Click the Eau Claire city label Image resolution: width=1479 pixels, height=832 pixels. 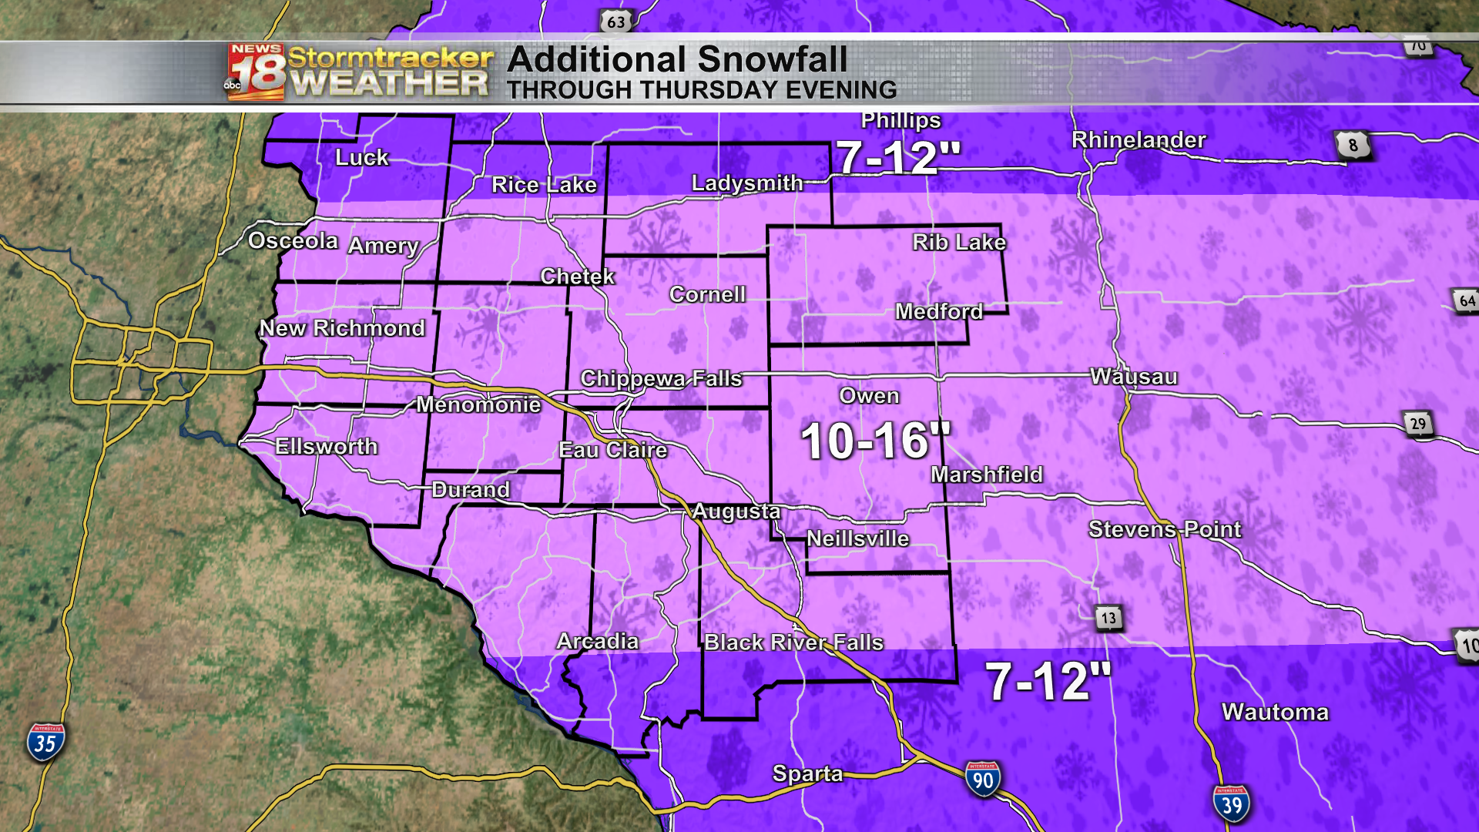point(612,450)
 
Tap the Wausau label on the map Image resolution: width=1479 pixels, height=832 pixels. point(1134,377)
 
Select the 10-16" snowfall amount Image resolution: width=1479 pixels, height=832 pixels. point(875,441)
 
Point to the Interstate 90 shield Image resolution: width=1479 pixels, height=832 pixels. point(983,779)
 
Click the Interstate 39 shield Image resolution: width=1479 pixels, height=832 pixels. point(1231,804)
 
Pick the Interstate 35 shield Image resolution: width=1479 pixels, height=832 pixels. point(45,742)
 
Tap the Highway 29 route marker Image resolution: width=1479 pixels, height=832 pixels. point(1418,424)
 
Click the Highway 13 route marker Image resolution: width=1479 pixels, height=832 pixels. point(1108,618)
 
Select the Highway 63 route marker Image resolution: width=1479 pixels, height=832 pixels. point(616,22)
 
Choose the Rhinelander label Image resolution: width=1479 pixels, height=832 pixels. point(1139,140)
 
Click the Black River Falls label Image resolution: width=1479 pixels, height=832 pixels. point(793,642)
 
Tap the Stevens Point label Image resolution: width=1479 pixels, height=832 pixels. point(1165,529)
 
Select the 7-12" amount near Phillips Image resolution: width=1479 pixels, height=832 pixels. point(898,158)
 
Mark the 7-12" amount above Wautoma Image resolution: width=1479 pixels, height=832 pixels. point(1048,682)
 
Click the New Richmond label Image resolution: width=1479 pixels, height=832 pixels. point(342,328)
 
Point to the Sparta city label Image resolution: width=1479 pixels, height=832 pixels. point(807,773)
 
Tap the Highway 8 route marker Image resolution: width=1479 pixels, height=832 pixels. point(1353,145)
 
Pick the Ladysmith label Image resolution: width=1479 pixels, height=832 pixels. point(747,183)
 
